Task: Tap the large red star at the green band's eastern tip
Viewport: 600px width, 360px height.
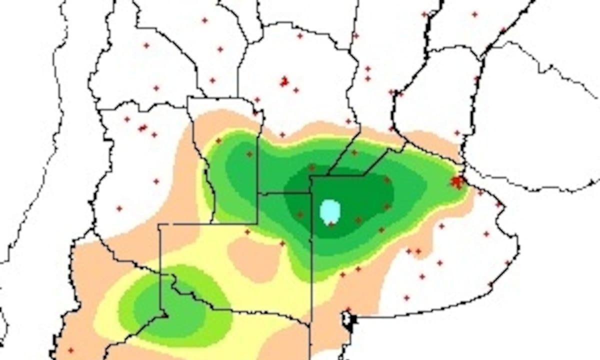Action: coord(456,181)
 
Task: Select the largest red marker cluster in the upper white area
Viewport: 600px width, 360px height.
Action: coord(284,81)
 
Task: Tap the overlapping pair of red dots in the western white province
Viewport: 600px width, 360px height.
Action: coord(143,127)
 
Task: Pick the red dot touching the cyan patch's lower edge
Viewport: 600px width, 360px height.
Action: coord(331,224)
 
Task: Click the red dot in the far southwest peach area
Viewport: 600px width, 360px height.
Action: coord(70,350)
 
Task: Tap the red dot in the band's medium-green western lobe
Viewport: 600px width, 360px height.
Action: coord(249,154)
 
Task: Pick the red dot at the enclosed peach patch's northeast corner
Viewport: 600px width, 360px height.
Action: coord(282,243)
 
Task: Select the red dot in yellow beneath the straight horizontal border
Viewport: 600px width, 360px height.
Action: coord(247,231)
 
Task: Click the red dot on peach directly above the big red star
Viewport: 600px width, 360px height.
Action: coord(457,133)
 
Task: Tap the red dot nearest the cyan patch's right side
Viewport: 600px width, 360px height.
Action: coord(358,219)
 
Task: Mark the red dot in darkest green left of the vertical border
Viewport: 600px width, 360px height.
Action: coord(300,214)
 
